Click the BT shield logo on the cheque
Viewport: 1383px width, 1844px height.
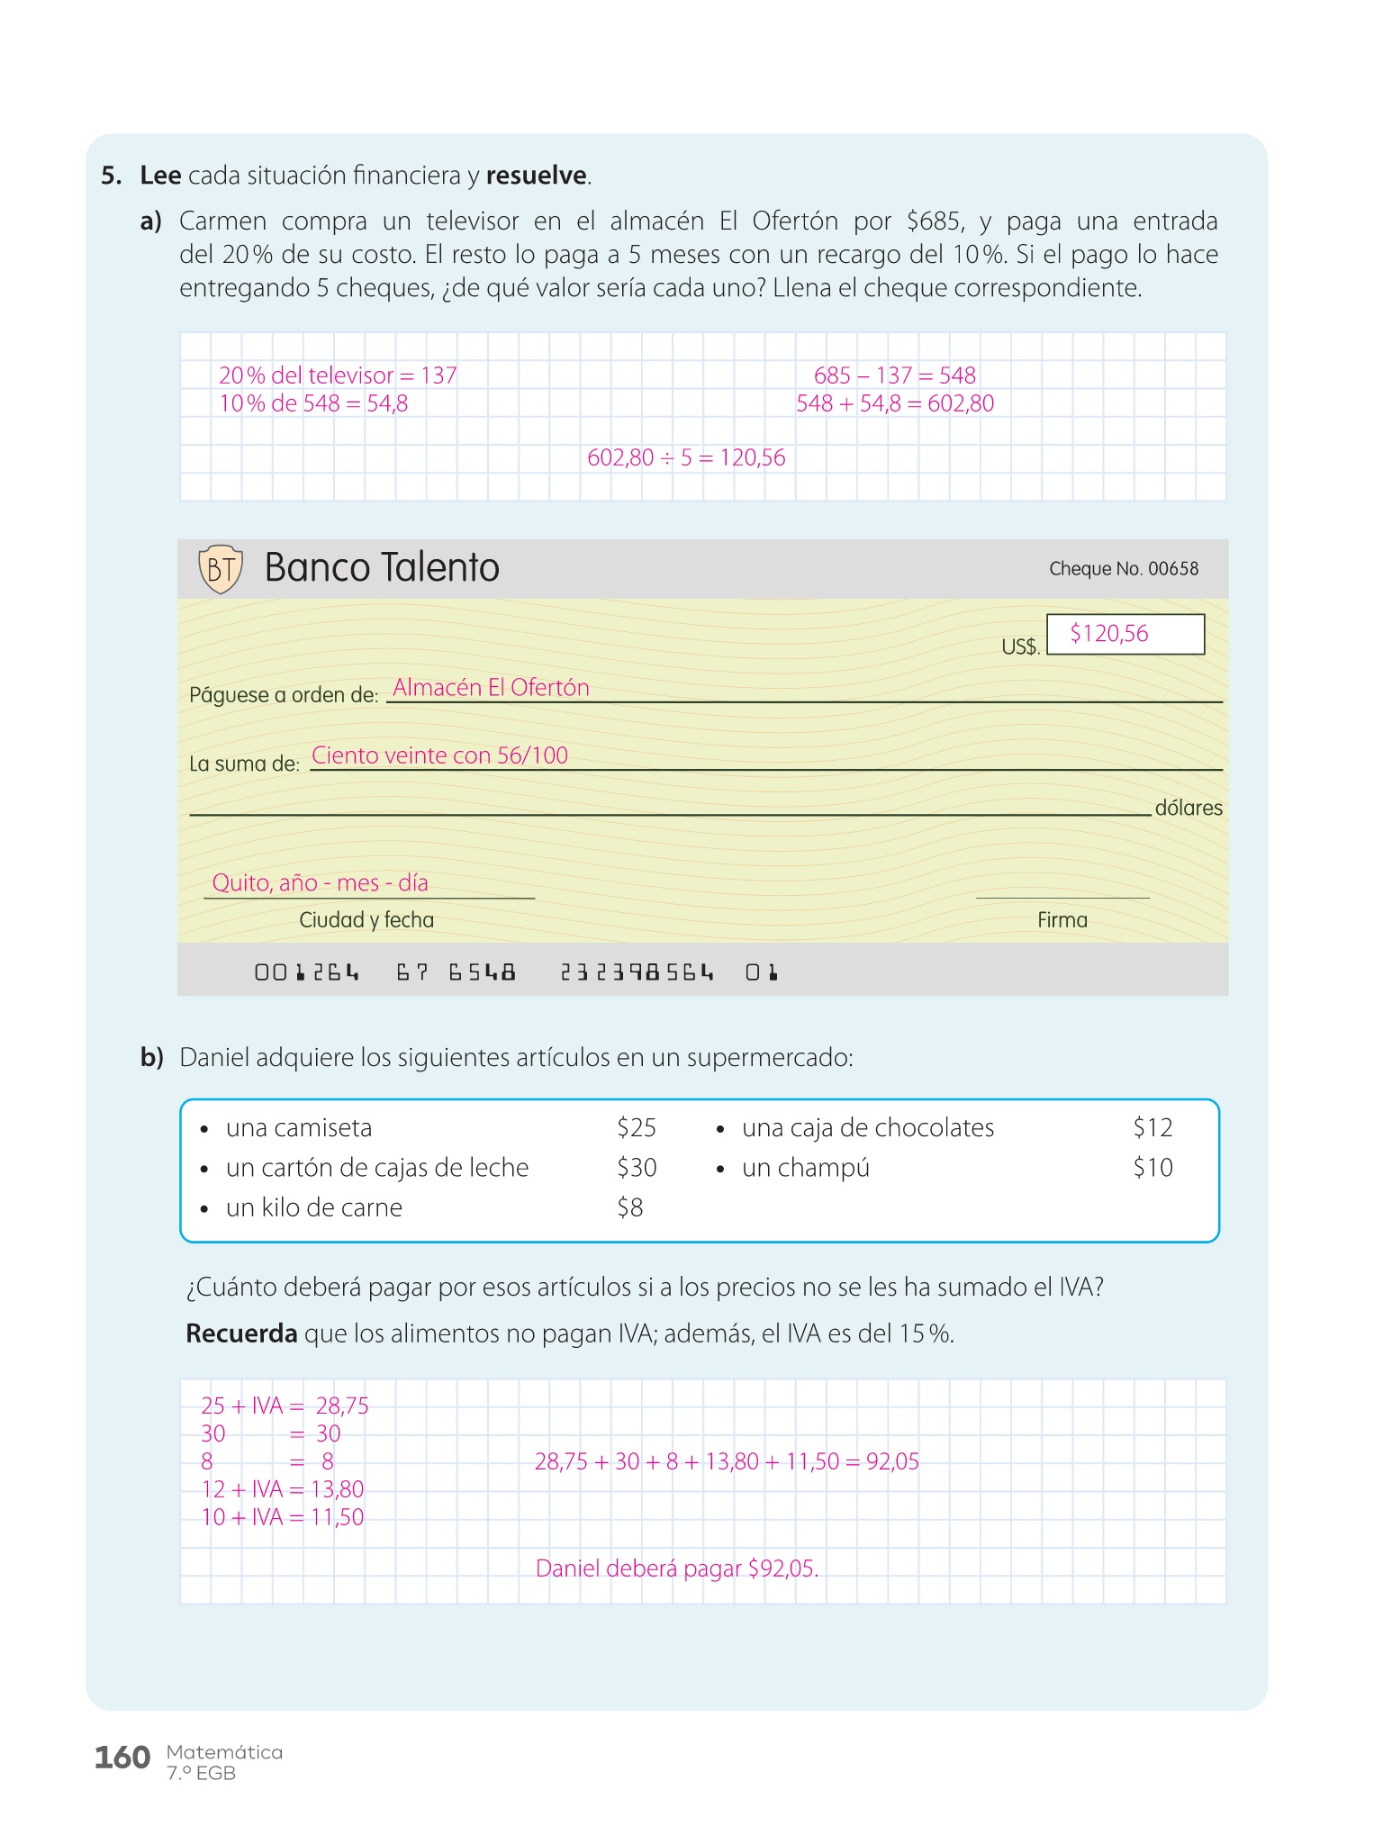[221, 569]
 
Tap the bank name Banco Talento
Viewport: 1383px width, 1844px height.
[382, 568]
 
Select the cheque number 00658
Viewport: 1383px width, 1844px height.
[1124, 569]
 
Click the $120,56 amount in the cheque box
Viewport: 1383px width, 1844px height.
[1109, 634]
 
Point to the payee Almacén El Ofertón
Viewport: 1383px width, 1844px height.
[491, 688]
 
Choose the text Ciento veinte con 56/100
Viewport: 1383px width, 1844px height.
[439, 755]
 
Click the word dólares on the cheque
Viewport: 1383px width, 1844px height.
[1189, 808]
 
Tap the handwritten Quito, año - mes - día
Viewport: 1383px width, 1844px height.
[320, 882]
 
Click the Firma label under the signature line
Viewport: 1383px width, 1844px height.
[1062, 920]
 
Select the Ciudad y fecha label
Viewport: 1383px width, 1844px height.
[366, 920]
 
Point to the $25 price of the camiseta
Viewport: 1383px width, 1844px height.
[637, 1128]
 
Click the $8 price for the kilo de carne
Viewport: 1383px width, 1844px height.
[630, 1207]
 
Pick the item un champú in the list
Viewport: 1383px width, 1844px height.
[806, 1168]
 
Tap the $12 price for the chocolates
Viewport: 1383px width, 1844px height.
[1152, 1128]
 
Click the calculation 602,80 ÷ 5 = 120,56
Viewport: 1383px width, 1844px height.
[686, 458]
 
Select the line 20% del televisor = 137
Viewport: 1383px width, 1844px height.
[338, 375]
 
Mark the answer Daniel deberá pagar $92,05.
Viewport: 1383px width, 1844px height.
[677, 1568]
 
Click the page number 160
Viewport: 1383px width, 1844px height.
[122, 1758]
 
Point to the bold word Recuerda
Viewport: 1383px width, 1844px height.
[241, 1333]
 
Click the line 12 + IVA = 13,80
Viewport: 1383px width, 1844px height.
[283, 1489]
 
